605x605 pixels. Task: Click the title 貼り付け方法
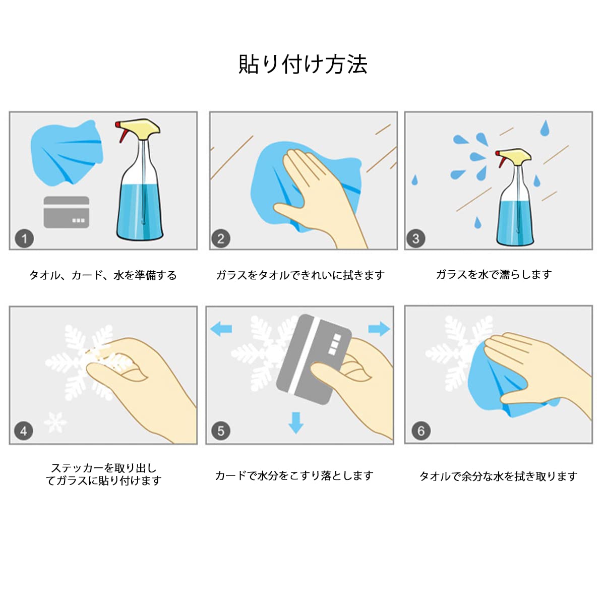[x=303, y=65]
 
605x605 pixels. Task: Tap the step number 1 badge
[x=25, y=239]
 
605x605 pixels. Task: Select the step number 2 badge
[x=221, y=239]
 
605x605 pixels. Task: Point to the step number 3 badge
[x=416, y=239]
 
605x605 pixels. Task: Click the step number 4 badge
[x=24, y=431]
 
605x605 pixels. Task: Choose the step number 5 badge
[x=221, y=431]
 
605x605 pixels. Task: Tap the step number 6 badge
[x=421, y=431]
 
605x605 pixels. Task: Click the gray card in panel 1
[x=66, y=212]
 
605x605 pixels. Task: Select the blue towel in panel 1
[x=67, y=153]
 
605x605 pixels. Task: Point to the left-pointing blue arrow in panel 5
[x=221, y=329]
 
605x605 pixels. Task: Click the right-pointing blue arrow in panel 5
[x=379, y=329]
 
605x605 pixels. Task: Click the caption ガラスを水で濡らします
[x=494, y=275]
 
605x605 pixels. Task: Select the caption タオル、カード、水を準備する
[x=103, y=275]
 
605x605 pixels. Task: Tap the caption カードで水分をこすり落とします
[x=294, y=475]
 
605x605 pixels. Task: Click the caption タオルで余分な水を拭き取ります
[x=499, y=476]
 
